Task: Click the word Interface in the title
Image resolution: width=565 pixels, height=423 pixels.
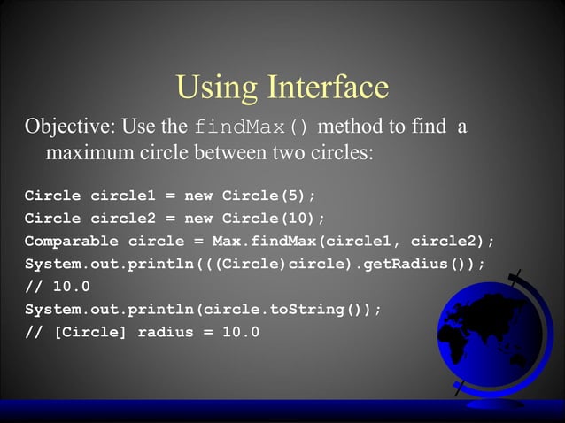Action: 329,87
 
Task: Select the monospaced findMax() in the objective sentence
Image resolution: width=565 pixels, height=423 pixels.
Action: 251,127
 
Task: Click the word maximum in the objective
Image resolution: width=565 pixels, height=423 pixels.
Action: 90,154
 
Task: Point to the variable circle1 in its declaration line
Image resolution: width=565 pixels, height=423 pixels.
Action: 123,196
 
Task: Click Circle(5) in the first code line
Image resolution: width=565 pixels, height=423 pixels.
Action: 268,196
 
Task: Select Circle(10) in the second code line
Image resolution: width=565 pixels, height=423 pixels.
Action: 273,219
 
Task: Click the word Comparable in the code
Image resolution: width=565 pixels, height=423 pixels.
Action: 72,241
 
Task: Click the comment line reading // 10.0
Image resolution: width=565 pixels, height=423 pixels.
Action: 57,287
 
